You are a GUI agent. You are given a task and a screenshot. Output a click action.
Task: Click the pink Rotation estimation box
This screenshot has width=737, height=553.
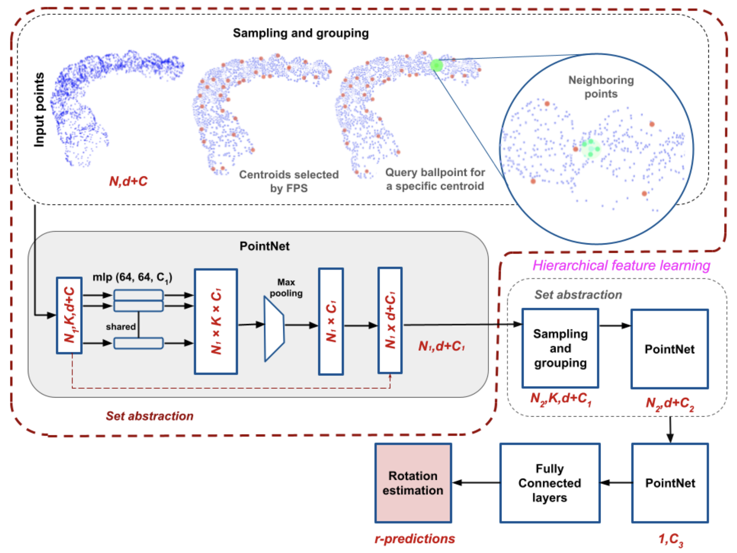tap(413, 483)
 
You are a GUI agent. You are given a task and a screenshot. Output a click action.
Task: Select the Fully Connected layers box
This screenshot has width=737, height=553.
tap(549, 483)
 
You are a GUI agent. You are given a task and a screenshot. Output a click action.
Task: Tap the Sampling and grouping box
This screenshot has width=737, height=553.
tap(560, 348)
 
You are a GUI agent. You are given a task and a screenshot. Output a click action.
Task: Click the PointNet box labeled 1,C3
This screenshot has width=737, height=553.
tap(670, 483)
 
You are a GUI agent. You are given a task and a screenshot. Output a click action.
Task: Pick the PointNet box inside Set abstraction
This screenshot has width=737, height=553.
tap(669, 349)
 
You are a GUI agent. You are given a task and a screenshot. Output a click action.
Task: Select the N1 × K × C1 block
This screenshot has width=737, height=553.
tap(216, 321)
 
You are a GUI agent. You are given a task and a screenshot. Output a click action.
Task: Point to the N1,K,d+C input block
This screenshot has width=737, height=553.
tap(69, 315)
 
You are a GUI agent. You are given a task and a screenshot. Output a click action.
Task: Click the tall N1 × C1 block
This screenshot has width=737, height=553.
tap(331, 321)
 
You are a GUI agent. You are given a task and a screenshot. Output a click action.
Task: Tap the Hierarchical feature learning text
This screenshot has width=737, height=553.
tap(621, 265)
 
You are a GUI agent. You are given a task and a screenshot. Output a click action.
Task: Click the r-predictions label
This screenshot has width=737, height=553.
tap(415, 539)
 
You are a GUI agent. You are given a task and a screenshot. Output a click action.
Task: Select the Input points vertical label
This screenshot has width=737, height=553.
tap(39, 110)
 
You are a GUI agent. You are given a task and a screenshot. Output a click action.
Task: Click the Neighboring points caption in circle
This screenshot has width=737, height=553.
tap(601, 87)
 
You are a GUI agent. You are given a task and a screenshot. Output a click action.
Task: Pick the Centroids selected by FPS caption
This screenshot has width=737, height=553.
tap(289, 181)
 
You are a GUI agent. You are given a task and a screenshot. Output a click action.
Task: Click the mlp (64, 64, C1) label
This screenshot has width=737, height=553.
tap(132, 277)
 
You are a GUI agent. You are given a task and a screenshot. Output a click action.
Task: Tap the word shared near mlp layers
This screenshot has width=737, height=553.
tap(121, 327)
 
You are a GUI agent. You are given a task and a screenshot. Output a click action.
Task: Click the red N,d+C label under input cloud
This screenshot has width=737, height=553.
tap(128, 181)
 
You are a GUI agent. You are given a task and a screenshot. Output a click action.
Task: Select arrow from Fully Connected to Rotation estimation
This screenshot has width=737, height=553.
tap(476, 483)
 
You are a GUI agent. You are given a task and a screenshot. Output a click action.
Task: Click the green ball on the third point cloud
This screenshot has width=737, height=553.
tap(436, 65)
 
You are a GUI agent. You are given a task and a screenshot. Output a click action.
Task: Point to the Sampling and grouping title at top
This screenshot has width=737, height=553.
tap(300, 33)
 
